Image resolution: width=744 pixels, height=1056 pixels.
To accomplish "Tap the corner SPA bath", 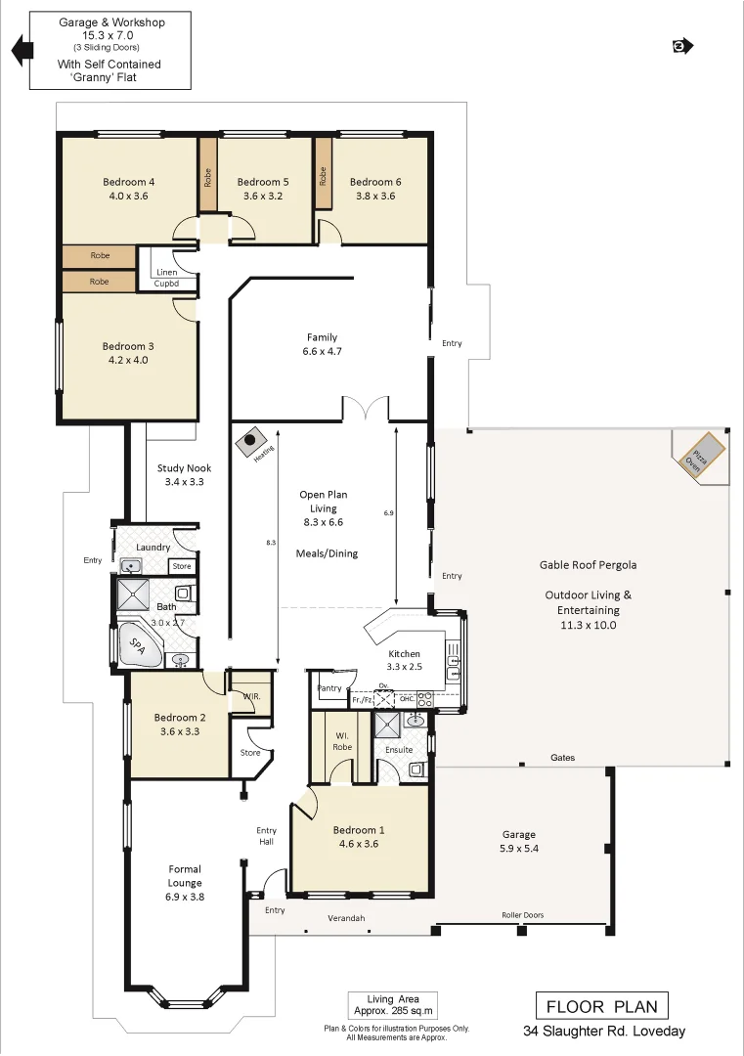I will [x=137, y=645].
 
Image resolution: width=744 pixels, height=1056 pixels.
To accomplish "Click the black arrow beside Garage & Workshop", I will [x=19, y=50].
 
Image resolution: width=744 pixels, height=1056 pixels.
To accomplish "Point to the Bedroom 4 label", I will [x=129, y=182].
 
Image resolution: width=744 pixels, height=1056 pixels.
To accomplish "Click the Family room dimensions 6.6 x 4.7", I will [x=322, y=351].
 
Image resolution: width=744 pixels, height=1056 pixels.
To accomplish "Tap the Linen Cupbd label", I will [x=165, y=278].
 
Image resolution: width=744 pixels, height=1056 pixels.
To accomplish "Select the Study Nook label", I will [x=183, y=468].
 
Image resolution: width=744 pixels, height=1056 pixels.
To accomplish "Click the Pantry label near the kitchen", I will [x=330, y=688].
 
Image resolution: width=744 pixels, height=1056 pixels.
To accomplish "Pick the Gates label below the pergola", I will [x=562, y=758].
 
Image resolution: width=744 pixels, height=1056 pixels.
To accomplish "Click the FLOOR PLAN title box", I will [x=602, y=1006].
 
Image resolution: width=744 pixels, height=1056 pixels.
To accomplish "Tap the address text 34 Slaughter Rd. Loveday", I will [x=603, y=1032].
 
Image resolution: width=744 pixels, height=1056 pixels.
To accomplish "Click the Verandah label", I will [x=346, y=919].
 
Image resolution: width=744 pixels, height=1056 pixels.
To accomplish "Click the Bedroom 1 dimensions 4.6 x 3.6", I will [x=358, y=843].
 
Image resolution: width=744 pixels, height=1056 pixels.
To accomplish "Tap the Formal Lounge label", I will [x=185, y=875].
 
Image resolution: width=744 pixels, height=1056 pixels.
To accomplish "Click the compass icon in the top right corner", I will [x=682, y=45].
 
